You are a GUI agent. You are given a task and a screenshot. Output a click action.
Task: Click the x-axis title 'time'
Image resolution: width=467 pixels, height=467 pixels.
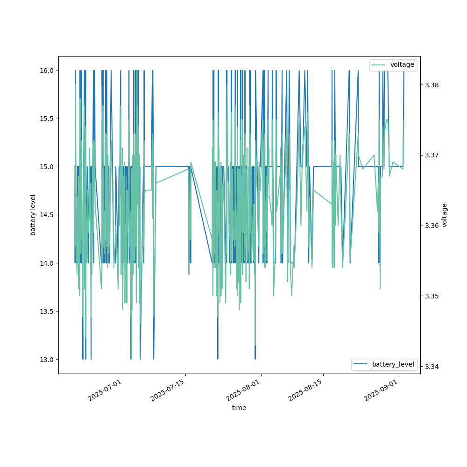click(239, 408)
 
